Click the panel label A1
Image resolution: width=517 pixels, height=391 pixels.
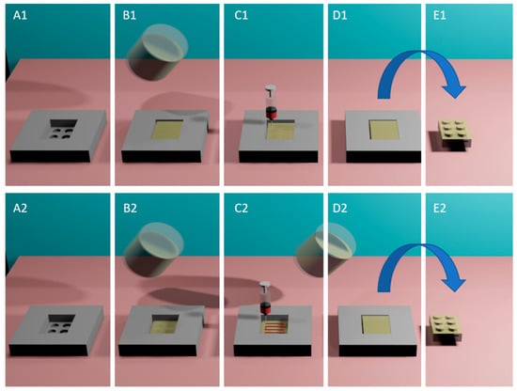20,15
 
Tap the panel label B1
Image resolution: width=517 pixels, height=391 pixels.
130,15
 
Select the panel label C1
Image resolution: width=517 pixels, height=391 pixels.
241,15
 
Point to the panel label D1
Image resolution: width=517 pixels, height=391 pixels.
339,15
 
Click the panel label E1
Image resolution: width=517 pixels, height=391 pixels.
440,15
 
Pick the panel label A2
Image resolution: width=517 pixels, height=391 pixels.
20,208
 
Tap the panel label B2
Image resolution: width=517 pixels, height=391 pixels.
130,208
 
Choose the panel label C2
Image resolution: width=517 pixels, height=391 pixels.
242,208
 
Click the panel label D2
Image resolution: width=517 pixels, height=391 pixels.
339,208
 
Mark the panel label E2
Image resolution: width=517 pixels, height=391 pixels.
440,208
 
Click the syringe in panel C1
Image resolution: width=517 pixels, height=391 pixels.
271,102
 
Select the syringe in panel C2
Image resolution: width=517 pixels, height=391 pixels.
266,298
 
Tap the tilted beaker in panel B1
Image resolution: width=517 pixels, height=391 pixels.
158,52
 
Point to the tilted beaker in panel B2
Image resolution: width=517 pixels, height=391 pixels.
152,250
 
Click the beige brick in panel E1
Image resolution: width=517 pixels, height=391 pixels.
454,133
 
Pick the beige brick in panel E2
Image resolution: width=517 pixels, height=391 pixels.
446,328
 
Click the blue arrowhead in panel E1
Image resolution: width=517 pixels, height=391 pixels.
454,89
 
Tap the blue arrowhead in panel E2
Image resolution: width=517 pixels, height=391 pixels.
454,283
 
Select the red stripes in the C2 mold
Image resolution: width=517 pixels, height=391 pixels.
274,328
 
